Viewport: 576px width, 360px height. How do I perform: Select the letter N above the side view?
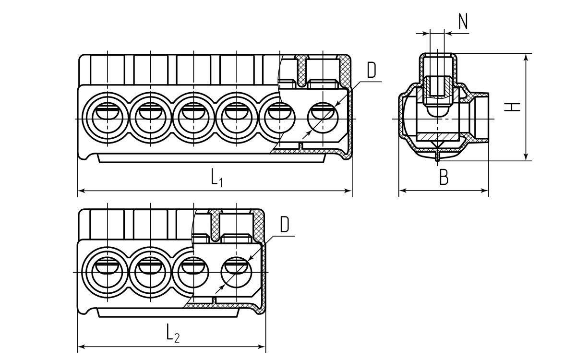point(463,22)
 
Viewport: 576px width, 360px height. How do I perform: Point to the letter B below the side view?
point(444,178)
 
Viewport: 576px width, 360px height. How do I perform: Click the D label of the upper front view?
point(372,71)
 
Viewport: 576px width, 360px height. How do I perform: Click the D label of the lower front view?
point(285,225)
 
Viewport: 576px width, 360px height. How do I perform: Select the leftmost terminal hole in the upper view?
point(107,118)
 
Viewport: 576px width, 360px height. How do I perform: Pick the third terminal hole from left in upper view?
point(193,118)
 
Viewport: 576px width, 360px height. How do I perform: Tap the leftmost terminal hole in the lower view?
point(107,272)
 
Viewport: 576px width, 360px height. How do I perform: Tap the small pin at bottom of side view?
point(437,157)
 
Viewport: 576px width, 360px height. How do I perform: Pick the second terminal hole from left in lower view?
point(150,272)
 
